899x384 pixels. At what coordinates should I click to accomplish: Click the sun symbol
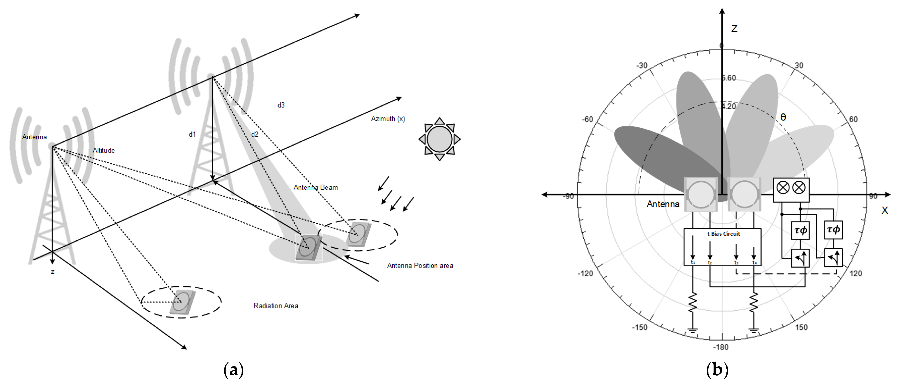pos(439,139)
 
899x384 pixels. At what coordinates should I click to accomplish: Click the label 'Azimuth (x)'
pos(388,119)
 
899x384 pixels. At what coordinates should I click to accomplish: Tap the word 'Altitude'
pos(104,150)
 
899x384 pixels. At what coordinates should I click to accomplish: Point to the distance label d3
pos(281,105)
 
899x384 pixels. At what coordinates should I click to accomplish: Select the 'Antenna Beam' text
pos(315,188)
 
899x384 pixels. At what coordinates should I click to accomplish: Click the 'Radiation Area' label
pos(276,306)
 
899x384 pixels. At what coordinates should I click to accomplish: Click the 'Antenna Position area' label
pos(420,266)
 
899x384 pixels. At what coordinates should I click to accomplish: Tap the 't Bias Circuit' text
pos(724,234)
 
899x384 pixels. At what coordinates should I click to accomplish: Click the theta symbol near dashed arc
pos(783,117)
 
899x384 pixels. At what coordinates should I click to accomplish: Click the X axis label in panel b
pos(884,210)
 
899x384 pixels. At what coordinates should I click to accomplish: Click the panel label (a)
pos(233,370)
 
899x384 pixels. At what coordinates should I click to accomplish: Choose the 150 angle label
pos(801,327)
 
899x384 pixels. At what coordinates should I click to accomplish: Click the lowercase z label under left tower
pos(52,272)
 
